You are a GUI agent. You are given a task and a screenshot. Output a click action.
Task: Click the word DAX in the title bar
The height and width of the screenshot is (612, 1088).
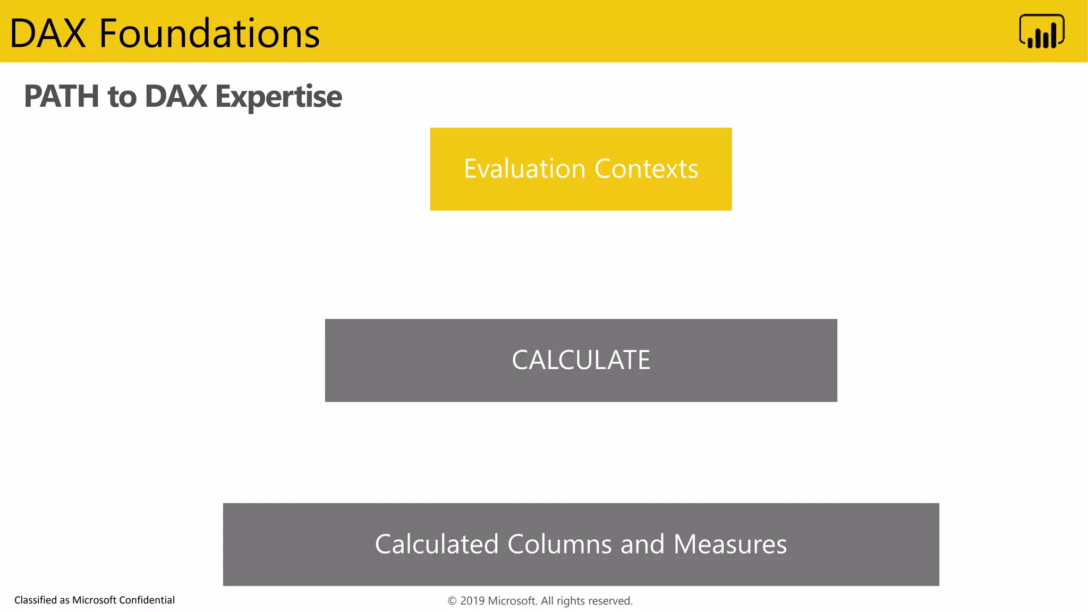tap(48, 33)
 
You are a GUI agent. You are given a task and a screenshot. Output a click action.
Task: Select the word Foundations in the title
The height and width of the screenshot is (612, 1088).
tap(209, 33)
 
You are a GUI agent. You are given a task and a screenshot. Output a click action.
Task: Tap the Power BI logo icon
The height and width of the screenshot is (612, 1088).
tap(1041, 31)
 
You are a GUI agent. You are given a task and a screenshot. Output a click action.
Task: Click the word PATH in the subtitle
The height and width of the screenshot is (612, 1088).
tap(62, 97)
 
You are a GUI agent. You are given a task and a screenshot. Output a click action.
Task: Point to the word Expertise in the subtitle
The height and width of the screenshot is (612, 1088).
tap(278, 97)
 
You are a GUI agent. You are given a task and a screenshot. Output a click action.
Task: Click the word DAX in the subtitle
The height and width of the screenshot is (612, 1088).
tap(176, 97)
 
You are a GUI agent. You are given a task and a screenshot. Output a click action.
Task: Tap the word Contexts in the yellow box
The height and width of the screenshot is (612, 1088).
tap(646, 169)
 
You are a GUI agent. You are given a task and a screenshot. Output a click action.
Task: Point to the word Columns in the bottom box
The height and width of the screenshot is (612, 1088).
tap(559, 545)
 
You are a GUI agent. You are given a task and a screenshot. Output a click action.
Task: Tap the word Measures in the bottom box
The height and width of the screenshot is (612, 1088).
tap(730, 545)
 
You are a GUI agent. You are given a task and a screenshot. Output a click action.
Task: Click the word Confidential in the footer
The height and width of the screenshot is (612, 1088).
tap(147, 600)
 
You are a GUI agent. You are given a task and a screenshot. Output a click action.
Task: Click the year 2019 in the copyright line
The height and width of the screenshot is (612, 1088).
tap(472, 601)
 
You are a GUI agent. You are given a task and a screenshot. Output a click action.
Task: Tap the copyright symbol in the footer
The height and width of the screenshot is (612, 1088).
tap(452, 601)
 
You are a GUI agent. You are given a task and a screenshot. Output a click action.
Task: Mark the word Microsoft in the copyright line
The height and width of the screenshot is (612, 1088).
tap(512, 601)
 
